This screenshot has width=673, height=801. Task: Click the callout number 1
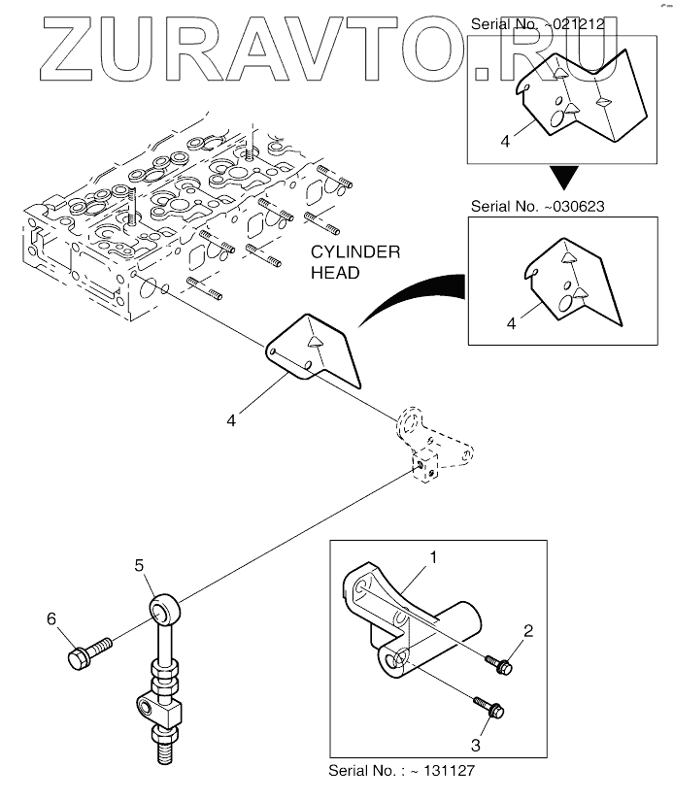432,558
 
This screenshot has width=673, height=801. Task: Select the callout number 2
526,632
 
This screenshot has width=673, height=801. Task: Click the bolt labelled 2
499,666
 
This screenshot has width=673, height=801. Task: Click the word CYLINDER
354,252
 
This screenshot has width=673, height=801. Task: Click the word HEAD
333,273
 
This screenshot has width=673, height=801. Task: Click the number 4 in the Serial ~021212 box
505,141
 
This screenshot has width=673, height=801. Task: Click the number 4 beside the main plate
231,421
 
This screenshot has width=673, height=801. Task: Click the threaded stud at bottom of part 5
161,747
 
